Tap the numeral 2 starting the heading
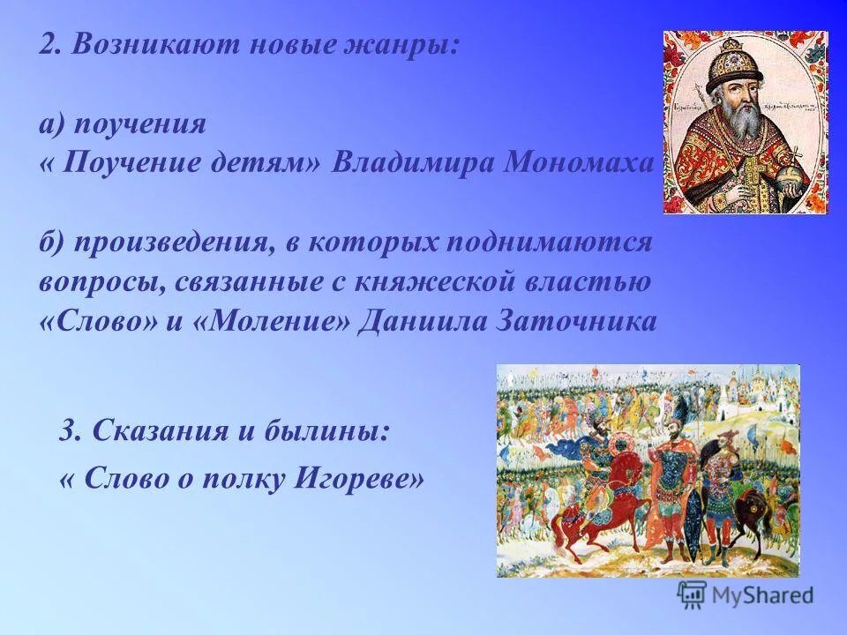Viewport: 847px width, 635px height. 47,47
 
